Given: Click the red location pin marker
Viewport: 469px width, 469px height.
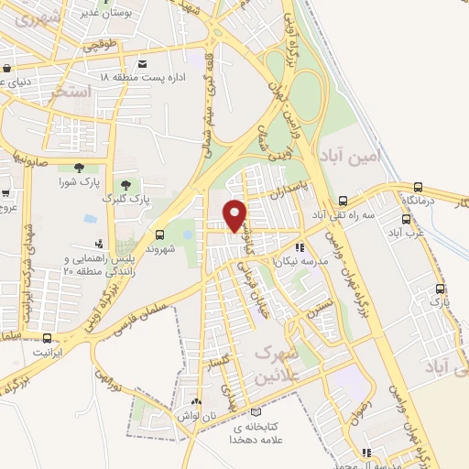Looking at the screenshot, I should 235,215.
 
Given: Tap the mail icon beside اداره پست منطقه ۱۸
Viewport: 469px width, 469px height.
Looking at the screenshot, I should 142,63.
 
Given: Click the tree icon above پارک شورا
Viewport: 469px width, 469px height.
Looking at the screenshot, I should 77,167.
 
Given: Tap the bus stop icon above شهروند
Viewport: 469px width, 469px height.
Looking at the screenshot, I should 160,234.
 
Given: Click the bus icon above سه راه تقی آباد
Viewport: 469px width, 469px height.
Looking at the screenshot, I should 343,202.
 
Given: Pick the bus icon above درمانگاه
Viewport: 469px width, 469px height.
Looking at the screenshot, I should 419,186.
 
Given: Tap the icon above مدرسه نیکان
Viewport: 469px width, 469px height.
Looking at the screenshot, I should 300,247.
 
